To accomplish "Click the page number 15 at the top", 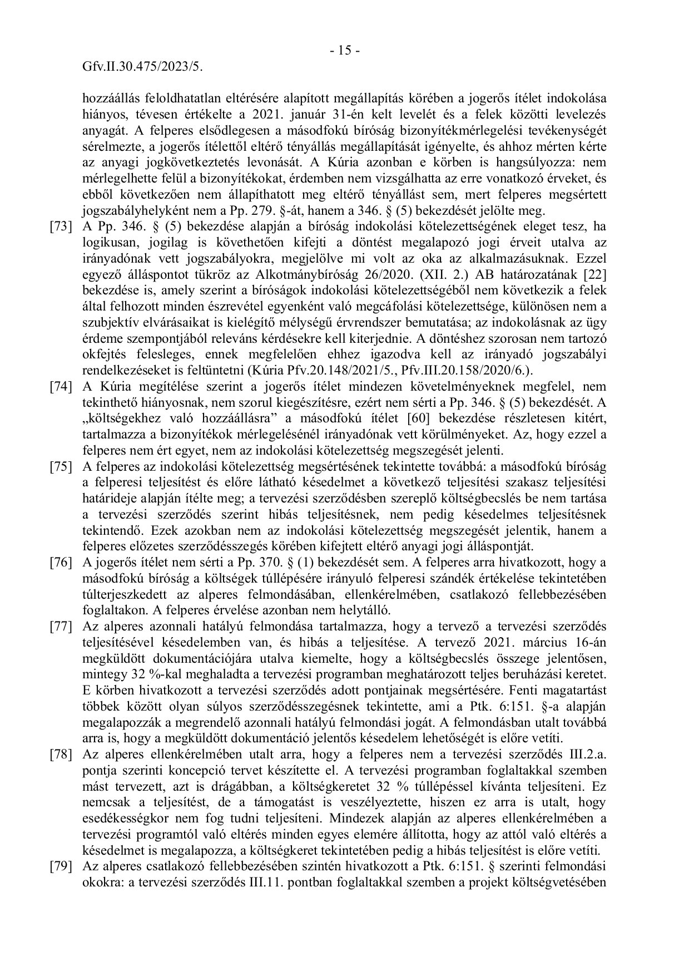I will tap(345, 51).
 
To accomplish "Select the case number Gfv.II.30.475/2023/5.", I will tap(142, 67).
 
